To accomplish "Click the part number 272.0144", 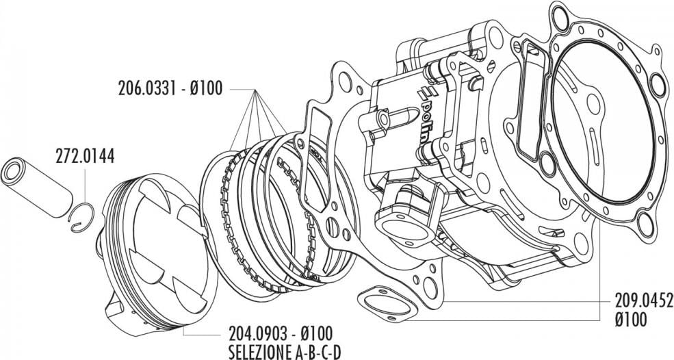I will [x=84, y=157].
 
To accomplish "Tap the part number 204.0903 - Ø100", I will [x=280, y=333].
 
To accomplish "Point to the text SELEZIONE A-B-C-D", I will [x=280, y=350].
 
